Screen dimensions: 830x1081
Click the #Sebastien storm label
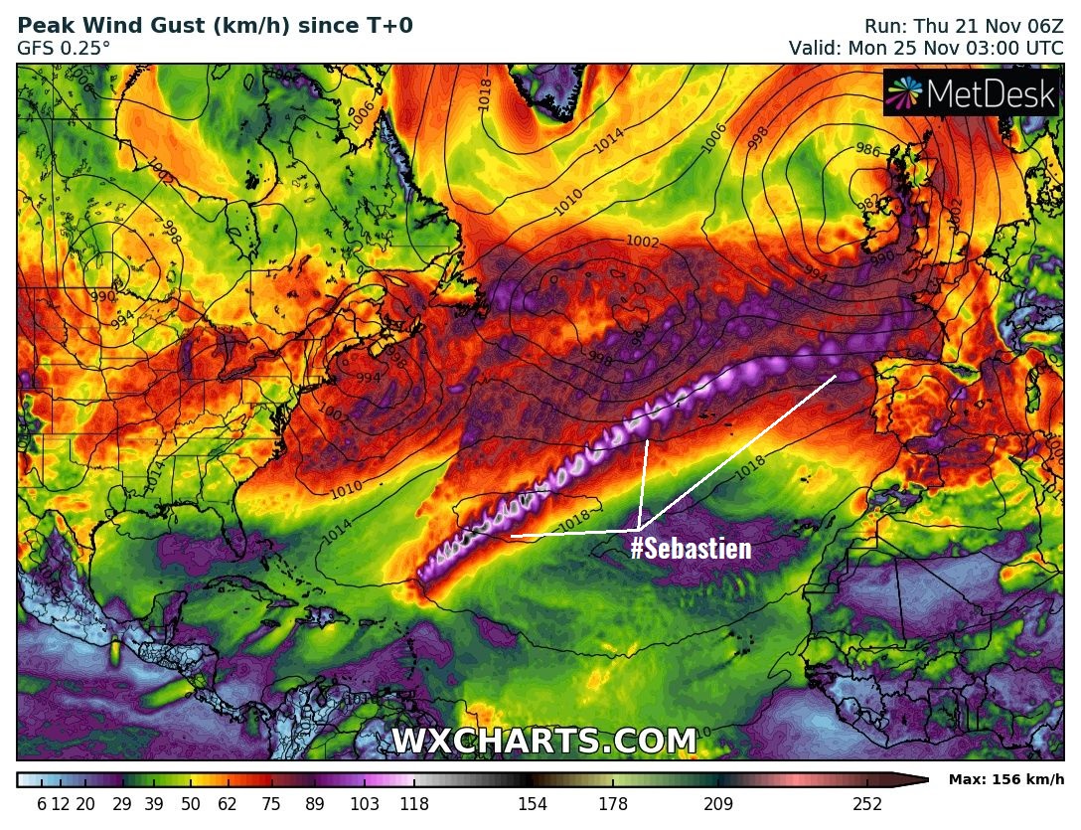pos(691,548)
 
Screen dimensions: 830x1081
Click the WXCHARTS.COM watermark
pos(544,742)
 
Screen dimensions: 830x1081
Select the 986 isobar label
pos(867,150)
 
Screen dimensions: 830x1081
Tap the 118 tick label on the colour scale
pos(414,804)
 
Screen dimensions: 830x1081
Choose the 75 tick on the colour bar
pos(271,804)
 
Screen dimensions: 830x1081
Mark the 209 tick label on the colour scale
pos(718,804)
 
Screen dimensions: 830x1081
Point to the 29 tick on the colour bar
pos(122,804)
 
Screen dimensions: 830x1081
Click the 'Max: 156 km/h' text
pos(1006,779)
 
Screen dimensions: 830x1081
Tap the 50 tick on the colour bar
pos(191,804)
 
